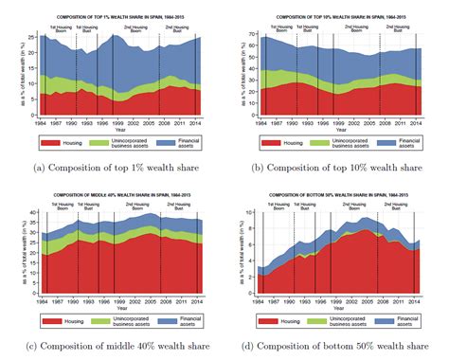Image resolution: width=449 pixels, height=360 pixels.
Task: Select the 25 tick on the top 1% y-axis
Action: pos(21,37)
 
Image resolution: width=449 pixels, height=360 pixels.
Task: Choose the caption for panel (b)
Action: pos(338,167)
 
